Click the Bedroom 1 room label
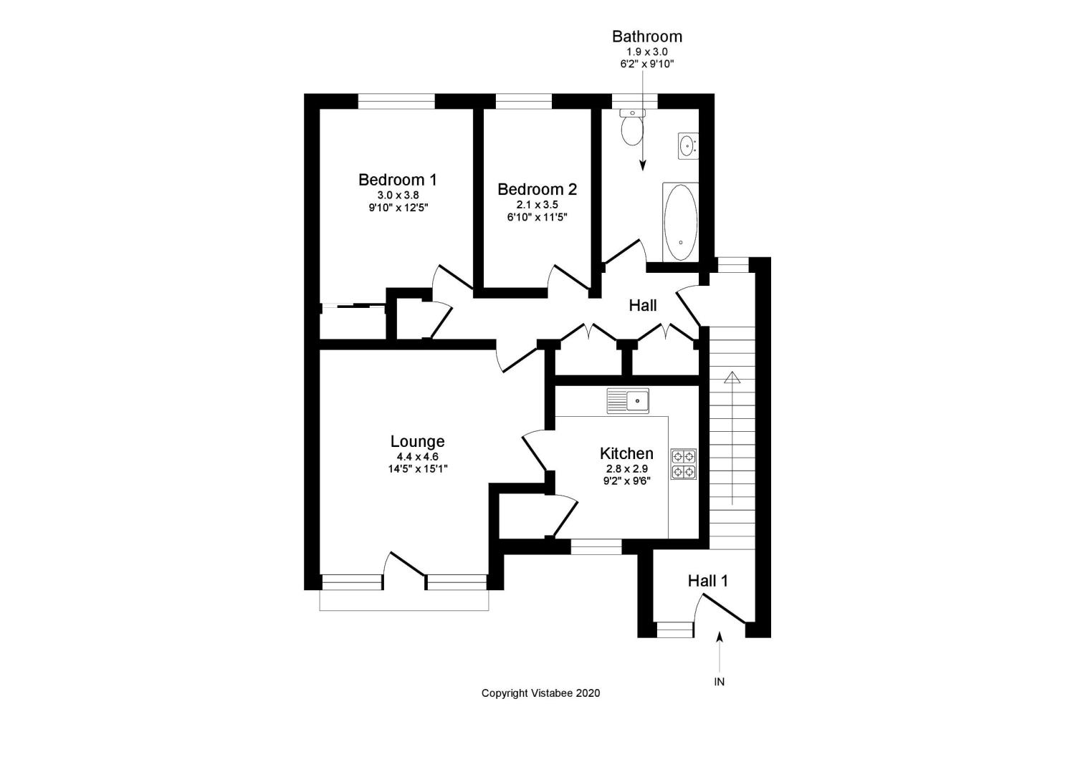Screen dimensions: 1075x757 397,180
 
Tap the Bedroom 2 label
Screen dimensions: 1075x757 537,190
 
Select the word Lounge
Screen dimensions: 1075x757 417,441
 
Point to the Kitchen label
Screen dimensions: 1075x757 626,453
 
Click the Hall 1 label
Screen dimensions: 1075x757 708,581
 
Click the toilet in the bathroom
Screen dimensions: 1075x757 632,127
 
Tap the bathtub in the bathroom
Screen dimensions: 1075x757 681,222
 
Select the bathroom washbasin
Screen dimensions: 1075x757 688,146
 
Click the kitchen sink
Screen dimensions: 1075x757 628,400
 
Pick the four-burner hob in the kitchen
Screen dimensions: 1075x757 684,464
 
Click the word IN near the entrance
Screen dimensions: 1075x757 719,682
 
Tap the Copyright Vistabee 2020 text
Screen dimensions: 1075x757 541,693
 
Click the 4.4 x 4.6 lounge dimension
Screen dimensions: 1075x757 417,457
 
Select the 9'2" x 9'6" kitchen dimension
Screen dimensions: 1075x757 626,481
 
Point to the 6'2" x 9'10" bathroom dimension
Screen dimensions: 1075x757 647,64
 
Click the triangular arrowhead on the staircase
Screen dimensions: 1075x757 732,377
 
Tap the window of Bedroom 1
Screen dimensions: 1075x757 396,101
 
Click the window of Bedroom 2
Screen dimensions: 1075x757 524,101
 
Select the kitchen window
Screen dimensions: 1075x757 596,547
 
